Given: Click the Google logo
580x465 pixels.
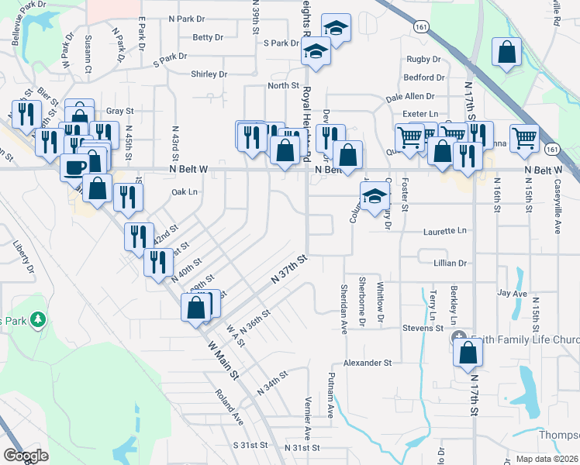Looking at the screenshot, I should (26, 456).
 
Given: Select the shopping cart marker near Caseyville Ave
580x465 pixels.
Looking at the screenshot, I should (525, 138).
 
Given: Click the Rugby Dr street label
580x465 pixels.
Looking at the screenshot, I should (423, 60).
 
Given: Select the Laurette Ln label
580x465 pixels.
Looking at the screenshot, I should (445, 231).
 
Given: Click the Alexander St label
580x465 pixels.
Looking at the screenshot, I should (368, 362).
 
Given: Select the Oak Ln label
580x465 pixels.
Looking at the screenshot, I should (184, 191).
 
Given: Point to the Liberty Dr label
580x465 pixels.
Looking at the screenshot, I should (22, 258).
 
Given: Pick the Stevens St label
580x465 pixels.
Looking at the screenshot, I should (423, 329).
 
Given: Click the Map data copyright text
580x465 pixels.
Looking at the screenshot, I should (546, 459).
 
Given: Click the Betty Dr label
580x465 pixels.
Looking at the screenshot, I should (208, 36).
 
